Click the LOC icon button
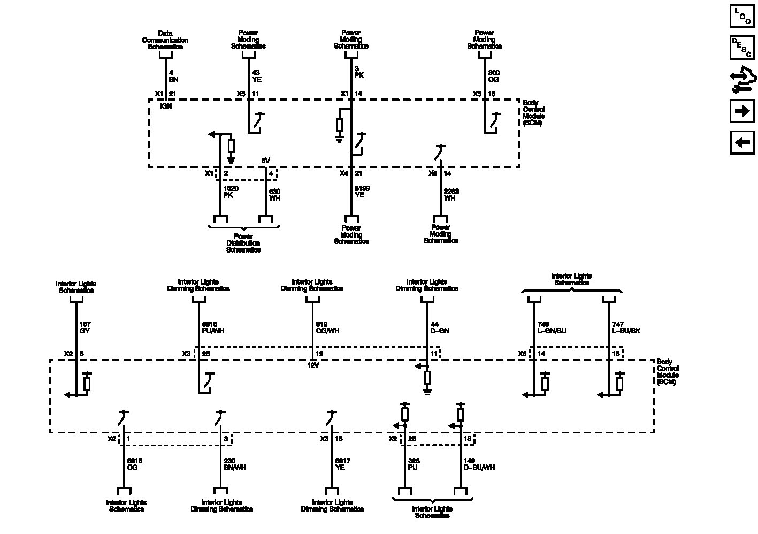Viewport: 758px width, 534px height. (x=742, y=16)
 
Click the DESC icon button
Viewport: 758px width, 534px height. (x=742, y=47)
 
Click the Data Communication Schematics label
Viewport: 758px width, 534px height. (x=165, y=40)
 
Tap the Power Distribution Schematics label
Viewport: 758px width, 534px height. (x=243, y=243)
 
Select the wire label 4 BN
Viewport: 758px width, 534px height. (x=173, y=76)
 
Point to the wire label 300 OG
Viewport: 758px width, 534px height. (x=494, y=76)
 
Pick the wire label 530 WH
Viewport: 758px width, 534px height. (x=274, y=195)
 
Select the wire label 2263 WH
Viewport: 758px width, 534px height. (x=451, y=195)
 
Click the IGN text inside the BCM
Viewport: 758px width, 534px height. (x=166, y=106)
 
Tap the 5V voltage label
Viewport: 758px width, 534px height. (x=266, y=161)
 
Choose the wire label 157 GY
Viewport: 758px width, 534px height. (x=85, y=327)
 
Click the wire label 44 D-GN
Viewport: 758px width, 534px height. (x=440, y=327)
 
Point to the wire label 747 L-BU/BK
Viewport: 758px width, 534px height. (x=626, y=327)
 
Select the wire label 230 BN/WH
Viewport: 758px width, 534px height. (x=235, y=464)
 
